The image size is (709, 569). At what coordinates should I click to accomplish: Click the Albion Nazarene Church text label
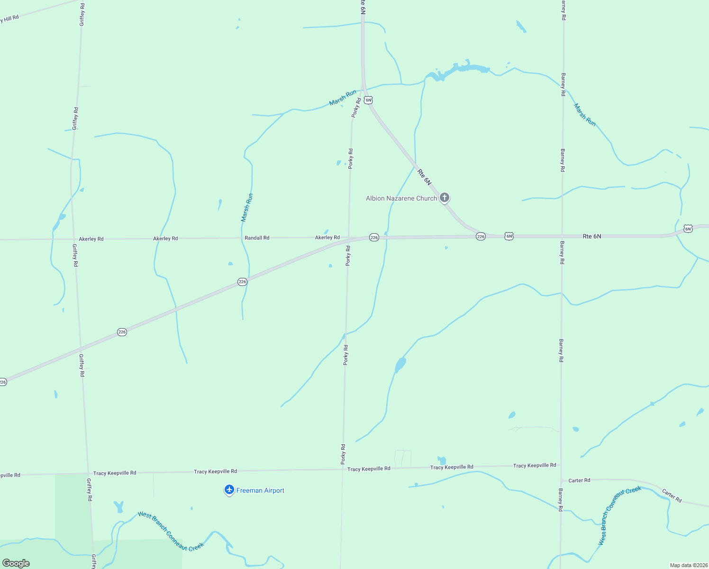pos(401,198)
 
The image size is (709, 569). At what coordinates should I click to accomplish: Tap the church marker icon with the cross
pos(444,197)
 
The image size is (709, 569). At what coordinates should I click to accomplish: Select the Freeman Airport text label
pos(260,490)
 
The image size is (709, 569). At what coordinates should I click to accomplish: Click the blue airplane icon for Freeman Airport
pos(229,490)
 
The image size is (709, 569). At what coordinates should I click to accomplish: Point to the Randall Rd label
pos(257,238)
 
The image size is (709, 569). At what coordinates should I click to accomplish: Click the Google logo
pos(16,563)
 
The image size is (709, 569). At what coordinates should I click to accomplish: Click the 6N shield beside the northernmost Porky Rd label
pos(368,100)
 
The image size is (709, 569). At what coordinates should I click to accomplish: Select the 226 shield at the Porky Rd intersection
pos(374,237)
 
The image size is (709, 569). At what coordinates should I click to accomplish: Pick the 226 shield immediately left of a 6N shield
pos(481,236)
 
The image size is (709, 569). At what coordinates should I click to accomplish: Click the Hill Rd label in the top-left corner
pos(9,19)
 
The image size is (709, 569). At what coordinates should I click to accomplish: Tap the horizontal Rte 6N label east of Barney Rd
pos(591,236)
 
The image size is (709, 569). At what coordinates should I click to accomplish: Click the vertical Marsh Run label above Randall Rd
pos(247,207)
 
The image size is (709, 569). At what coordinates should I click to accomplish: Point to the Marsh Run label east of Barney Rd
pos(585,115)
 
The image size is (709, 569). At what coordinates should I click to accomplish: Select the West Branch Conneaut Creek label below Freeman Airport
pos(171,531)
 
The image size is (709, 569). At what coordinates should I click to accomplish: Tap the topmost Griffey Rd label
pos(82,14)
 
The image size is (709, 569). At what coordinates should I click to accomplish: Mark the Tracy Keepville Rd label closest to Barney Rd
pos(535,466)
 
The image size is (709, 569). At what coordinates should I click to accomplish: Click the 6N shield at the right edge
pos(688,229)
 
